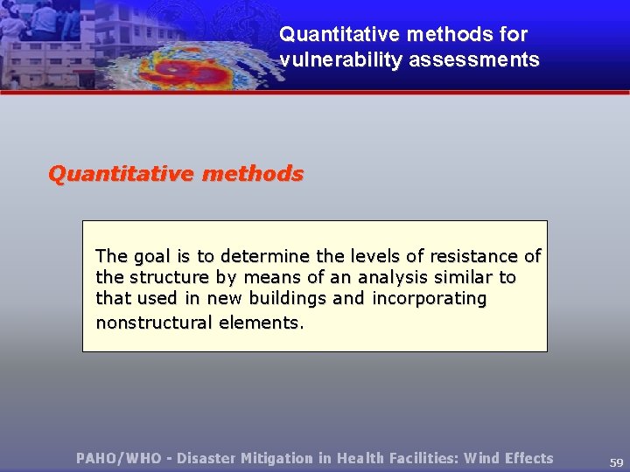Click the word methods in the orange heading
point(253,174)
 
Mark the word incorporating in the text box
point(430,299)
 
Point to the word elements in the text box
point(261,323)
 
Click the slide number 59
point(616,462)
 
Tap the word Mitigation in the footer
point(276,458)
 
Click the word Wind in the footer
point(482,458)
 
